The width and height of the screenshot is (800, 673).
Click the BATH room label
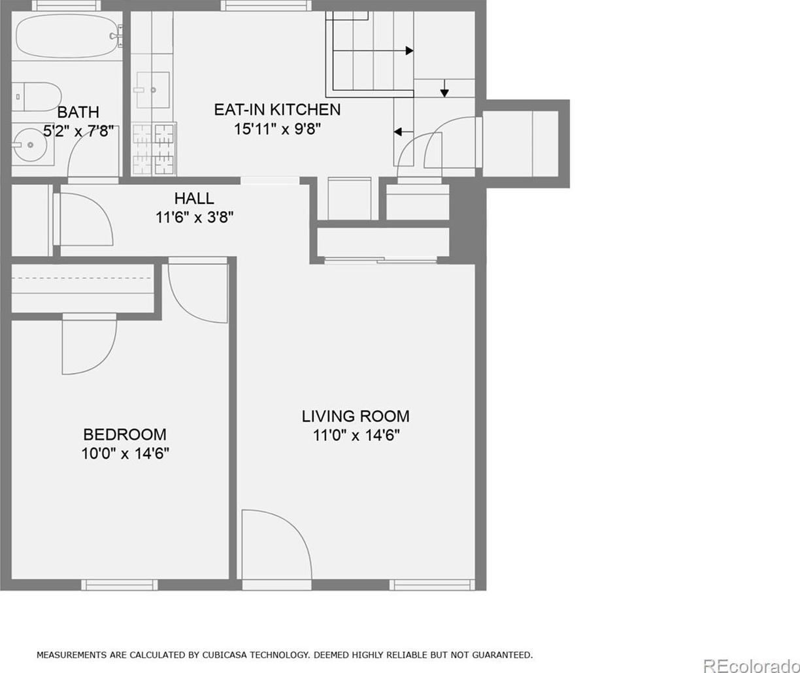pos(78,112)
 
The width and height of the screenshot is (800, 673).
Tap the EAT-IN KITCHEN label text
pos(277,110)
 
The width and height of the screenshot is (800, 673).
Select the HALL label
pos(194,199)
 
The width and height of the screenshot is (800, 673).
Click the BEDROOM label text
pos(125,435)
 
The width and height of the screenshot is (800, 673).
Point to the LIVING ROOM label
pos(356,416)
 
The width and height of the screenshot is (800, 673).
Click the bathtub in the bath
pos(68,37)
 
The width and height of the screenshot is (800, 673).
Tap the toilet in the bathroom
pos(37,97)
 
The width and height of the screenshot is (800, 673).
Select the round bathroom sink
pos(29,145)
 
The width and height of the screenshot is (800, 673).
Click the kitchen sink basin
pos(153,90)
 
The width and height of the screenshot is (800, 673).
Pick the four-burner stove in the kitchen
pos(154,148)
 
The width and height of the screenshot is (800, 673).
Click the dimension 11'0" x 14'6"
pos(356,436)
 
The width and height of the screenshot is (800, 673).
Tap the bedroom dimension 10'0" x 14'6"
pos(125,454)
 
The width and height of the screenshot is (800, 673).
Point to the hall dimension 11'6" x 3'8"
pos(194,218)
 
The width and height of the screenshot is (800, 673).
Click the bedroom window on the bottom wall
pos(120,585)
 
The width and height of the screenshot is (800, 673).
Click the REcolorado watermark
pos(752,665)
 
